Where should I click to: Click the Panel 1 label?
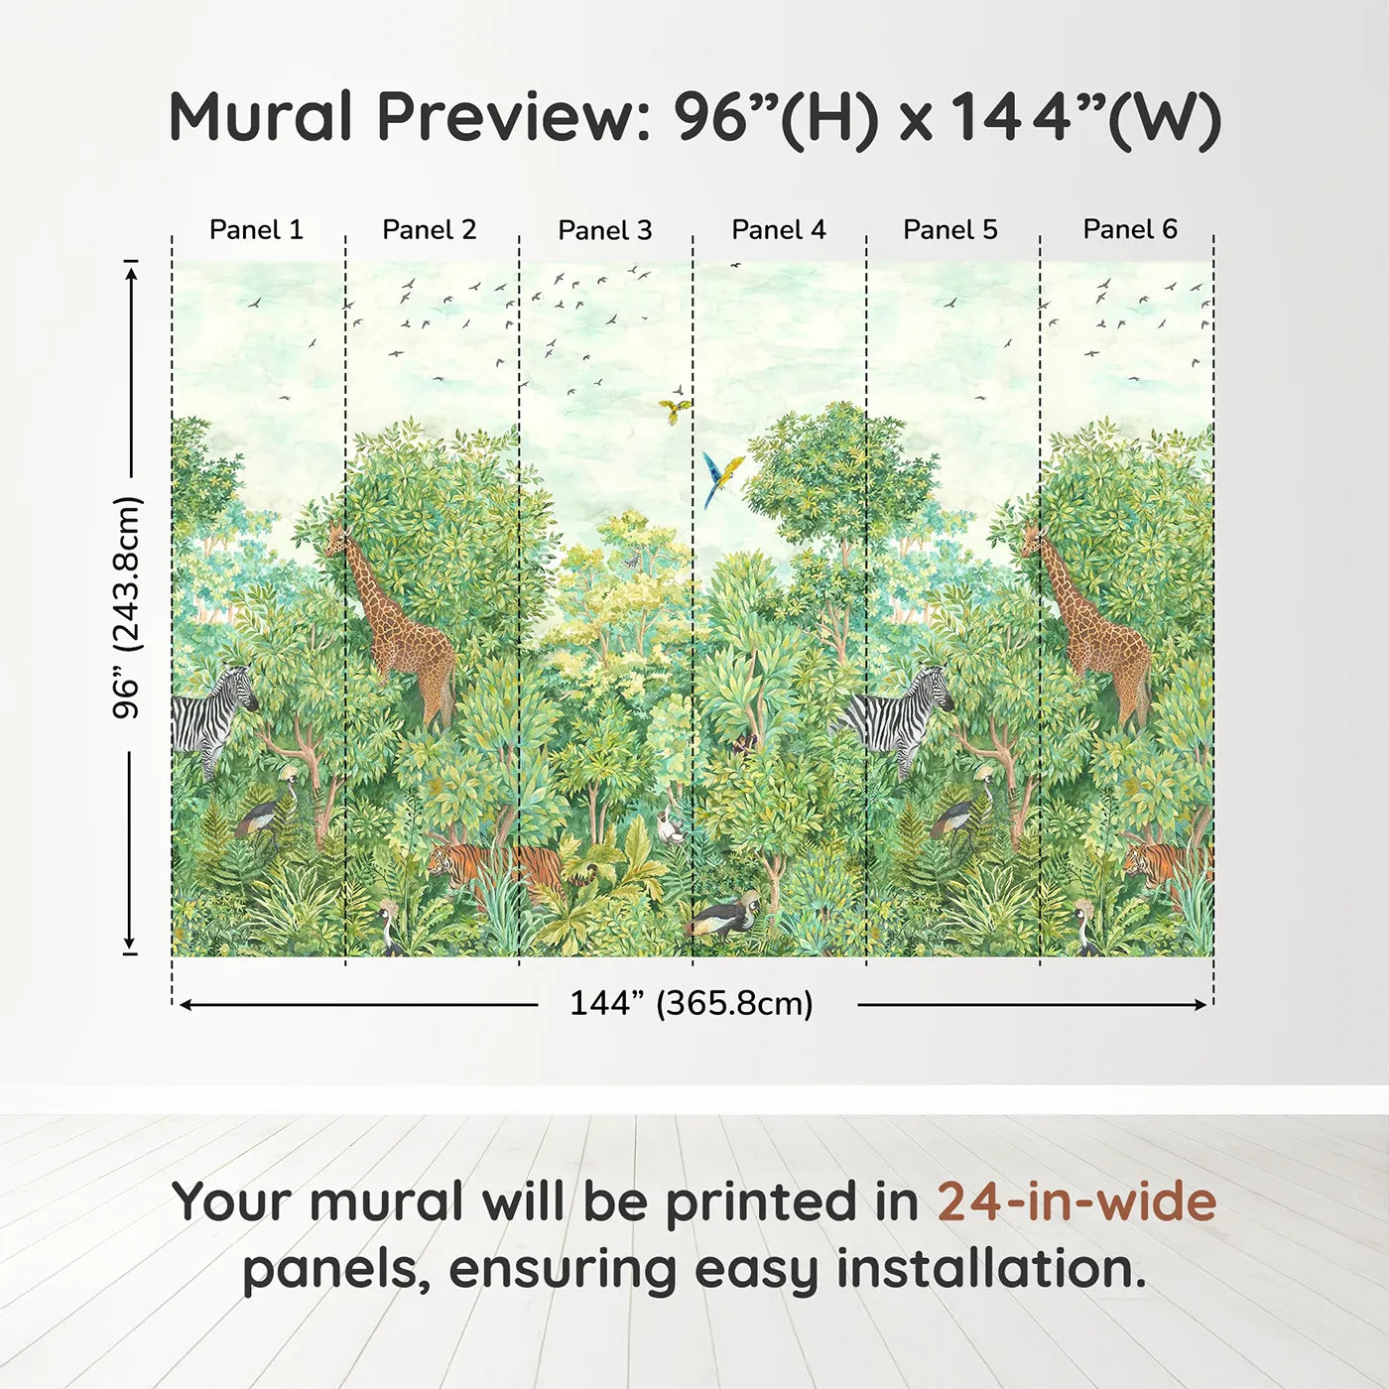pyautogui.click(x=257, y=229)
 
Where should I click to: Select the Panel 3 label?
pyautogui.click(x=605, y=230)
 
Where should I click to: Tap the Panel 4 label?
pyautogui.click(x=779, y=229)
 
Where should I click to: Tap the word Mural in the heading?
pyautogui.click(x=261, y=116)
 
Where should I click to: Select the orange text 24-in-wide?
pyautogui.click(x=1076, y=1200)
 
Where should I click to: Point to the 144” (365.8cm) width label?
pyautogui.click(x=692, y=1003)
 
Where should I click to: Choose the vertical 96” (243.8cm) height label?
pyautogui.click(x=128, y=607)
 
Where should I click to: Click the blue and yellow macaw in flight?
pyautogui.click(x=722, y=477)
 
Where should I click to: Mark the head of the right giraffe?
pyautogui.click(x=1032, y=538)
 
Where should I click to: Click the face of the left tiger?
pyautogui.click(x=440, y=860)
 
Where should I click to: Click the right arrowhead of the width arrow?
pyautogui.click(x=1200, y=1004)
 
